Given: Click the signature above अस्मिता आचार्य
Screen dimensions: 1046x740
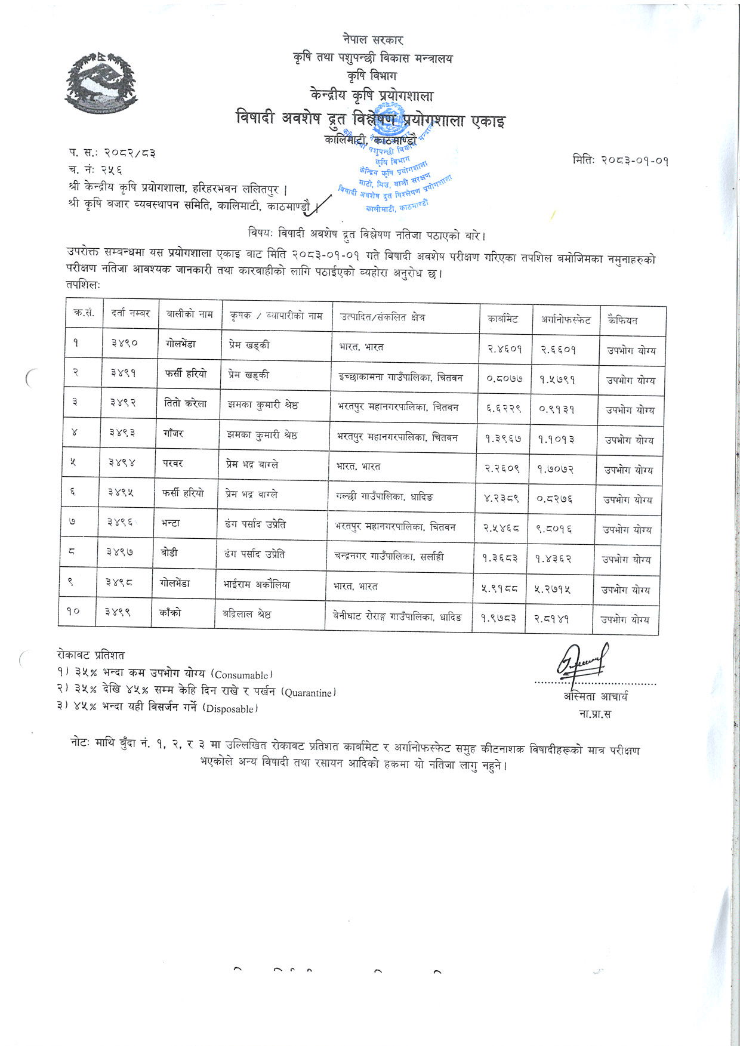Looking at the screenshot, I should (582, 661).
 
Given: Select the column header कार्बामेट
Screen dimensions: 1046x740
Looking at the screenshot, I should (502, 319).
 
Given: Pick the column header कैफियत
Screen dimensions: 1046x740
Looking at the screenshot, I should (622, 320).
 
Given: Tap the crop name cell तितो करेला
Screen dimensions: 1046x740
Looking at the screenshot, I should (185, 403).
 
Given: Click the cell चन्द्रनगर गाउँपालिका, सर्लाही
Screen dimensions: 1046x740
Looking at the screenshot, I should (388, 556).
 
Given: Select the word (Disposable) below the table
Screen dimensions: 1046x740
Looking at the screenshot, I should (230, 709).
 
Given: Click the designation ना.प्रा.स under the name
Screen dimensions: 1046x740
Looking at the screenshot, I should (594, 714).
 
